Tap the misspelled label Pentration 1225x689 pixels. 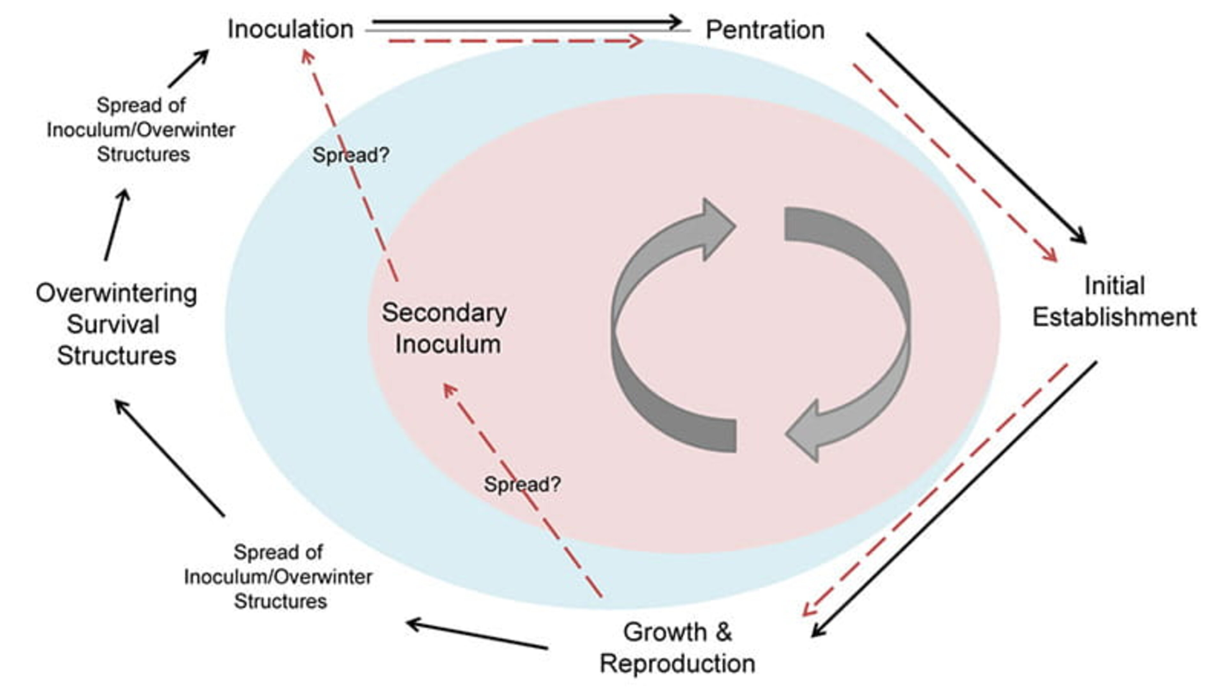[x=765, y=30]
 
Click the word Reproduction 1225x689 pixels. [x=677, y=664]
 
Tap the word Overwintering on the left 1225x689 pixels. [x=116, y=293]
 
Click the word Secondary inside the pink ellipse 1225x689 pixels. [x=444, y=313]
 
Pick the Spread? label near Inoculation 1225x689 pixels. [x=351, y=155]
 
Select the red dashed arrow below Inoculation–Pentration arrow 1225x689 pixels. [x=514, y=41]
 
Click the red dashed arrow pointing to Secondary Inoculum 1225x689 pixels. [x=523, y=490]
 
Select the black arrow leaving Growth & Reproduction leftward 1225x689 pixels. [x=477, y=635]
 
